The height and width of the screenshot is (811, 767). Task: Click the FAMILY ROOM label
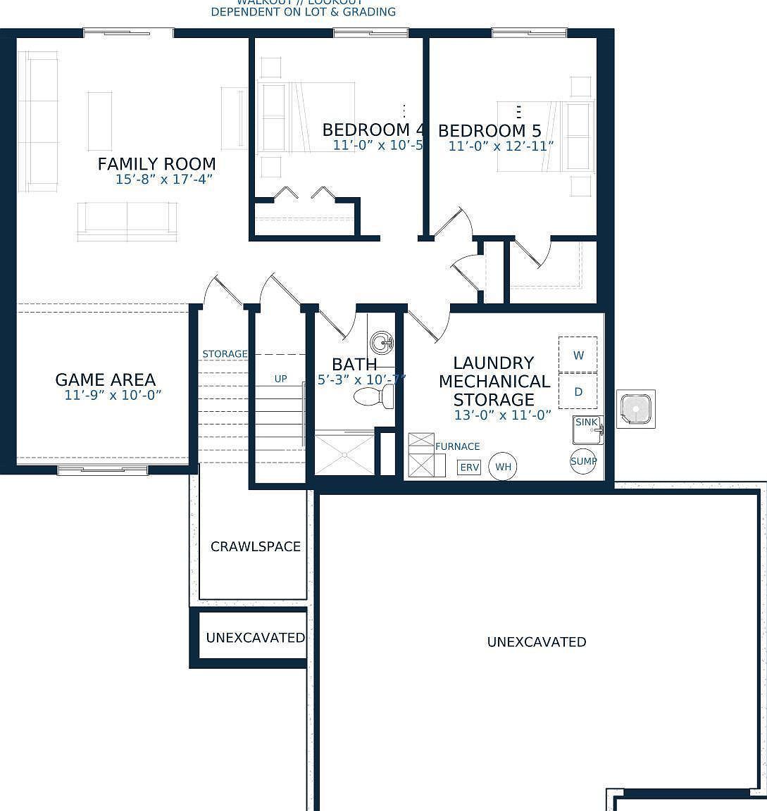[x=156, y=164]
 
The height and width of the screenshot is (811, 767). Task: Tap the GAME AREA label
[x=105, y=380]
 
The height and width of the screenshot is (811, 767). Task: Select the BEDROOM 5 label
[x=489, y=131]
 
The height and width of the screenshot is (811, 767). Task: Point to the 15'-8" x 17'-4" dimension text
[x=164, y=180]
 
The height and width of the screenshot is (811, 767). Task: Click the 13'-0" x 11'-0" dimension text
[x=502, y=415]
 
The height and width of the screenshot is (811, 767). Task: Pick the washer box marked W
[x=578, y=356]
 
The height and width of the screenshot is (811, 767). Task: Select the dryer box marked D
[x=578, y=391]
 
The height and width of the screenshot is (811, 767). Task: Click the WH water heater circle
[x=502, y=466]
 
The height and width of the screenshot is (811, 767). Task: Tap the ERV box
[x=468, y=467]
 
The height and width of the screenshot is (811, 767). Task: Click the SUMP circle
[x=583, y=461]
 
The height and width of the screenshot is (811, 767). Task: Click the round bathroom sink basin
[x=382, y=344]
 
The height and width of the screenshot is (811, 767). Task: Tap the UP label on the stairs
[x=280, y=379]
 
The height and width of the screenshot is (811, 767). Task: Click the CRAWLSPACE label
[x=256, y=546]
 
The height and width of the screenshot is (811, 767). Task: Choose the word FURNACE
[x=457, y=446]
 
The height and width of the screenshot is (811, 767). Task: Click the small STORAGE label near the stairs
[x=225, y=353]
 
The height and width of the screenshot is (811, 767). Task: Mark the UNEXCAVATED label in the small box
[x=255, y=638]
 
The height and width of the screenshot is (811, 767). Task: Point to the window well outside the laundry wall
[x=636, y=408]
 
